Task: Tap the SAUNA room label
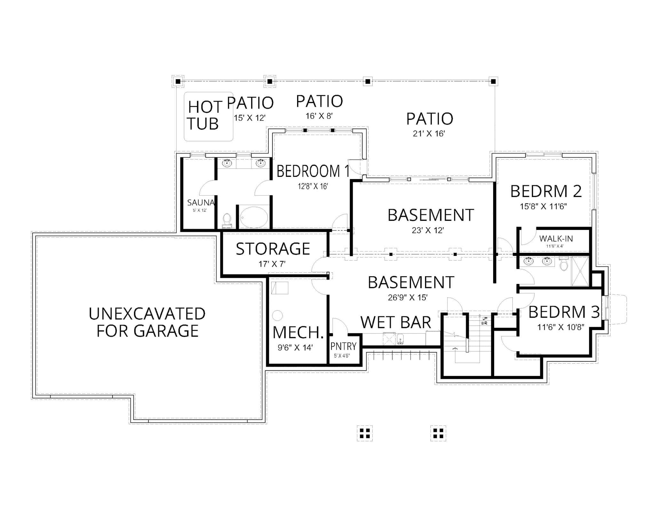pyautogui.click(x=201, y=202)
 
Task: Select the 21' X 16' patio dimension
pyautogui.click(x=429, y=134)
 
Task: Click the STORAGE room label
pyautogui.click(x=273, y=249)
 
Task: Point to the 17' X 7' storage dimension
pyautogui.click(x=272, y=264)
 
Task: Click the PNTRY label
pyautogui.click(x=343, y=346)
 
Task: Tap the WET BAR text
pyautogui.click(x=396, y=322)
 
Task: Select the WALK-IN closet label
pyautogui.click(x=556, y=239)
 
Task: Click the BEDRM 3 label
pyautogui.click(x=564, y=312)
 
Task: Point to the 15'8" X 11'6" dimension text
pyautogui.click(x=543, y=207)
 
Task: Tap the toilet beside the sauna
pyautogui.click(x=227, y=220)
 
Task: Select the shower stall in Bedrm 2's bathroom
pyautogui.click(x=580, y=271)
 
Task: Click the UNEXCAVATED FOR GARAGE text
pyautogui.click(x=147, y=322)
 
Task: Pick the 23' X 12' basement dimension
pyautogui.click(x=428, y=230)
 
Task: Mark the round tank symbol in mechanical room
pyautogui.click(x=277, y=316)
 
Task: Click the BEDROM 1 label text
pyautogui.click(x=313, y=171)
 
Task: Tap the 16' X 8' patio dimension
pyautogui.click(x=319, y=116)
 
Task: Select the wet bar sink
pyautogui.click(x=400, y=339)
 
